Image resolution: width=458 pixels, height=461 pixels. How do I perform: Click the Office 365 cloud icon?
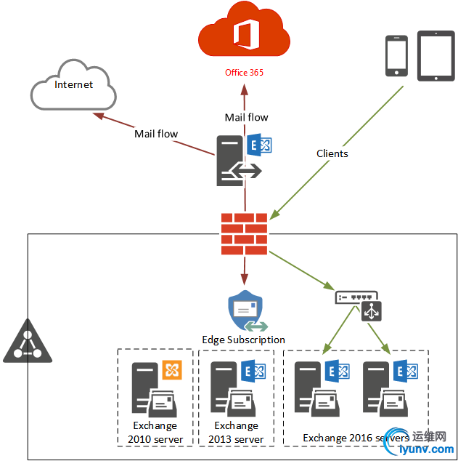click(244, 33)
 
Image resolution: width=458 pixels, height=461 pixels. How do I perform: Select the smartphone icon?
click(396, 55)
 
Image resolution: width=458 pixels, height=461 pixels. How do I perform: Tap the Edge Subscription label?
click(244, 340)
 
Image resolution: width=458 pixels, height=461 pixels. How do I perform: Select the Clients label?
click(332, 153)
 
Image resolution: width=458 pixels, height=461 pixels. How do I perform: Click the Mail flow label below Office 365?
click(246, 117)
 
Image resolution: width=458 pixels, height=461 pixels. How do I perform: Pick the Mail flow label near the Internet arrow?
click(156, 134)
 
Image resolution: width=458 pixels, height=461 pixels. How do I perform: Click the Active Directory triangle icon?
click(28, 342)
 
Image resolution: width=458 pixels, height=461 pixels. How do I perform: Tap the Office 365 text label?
click(244, 73)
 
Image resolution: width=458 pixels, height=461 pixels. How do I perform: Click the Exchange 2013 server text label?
click(236, 433)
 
